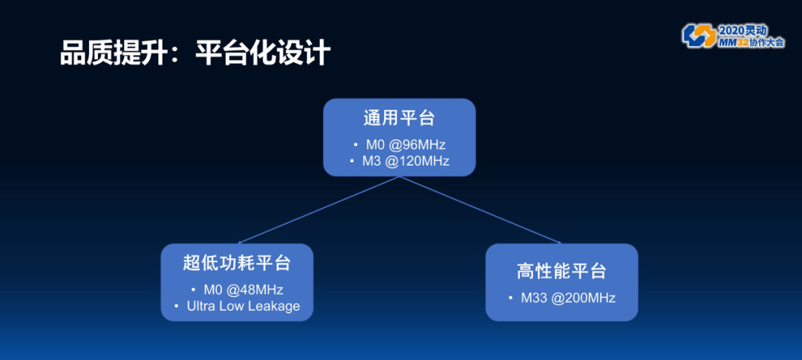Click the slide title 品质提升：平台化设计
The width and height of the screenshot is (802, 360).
(x=195, y=54)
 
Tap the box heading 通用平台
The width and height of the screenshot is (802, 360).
(x=399, y=119)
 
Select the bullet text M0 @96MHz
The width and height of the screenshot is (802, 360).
(x=405, y=144)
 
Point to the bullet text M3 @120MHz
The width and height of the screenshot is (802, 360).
(x=405, y=160)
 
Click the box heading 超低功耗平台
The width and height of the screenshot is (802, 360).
(x=237, y=264)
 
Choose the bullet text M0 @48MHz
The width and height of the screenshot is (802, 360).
(x=244, y=289)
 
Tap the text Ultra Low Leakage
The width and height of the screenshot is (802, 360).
(x=244, y=306)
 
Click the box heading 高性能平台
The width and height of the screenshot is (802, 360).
(x=561, y=271)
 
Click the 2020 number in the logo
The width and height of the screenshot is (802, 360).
(x=732, y=30)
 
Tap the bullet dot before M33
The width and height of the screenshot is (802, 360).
(x=511, y=298)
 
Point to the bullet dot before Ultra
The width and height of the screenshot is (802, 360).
(x=177, y=306)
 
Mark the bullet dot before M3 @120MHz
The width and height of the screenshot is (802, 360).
(x=353, y=160)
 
